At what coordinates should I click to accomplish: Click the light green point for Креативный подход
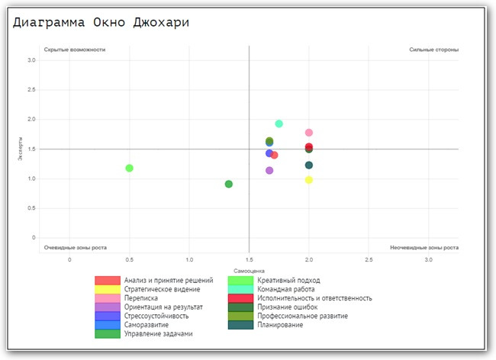point(130,168)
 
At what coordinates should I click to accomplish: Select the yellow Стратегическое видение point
point(309,180)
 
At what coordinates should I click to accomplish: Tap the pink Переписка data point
point(309,133)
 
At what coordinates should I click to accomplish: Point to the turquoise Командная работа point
point(279,124)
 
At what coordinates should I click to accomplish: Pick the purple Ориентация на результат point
point(269,170)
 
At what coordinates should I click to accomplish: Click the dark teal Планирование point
point(309,165)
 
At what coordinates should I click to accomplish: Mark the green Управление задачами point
point(229,184)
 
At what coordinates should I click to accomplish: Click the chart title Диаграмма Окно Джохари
point(101,22)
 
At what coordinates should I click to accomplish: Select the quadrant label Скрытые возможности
point(75,50)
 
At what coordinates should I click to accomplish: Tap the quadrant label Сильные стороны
point(433,50)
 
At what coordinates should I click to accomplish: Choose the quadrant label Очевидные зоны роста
point(76,248)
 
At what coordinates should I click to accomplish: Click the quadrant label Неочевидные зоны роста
point(424,248)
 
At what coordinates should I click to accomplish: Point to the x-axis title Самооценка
point(249,270)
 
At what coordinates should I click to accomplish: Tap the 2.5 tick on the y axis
point(32,90)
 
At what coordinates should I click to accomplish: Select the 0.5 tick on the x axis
point(130,260)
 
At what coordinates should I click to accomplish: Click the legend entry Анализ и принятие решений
point(169,280)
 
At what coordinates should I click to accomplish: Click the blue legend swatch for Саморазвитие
point(107,325)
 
